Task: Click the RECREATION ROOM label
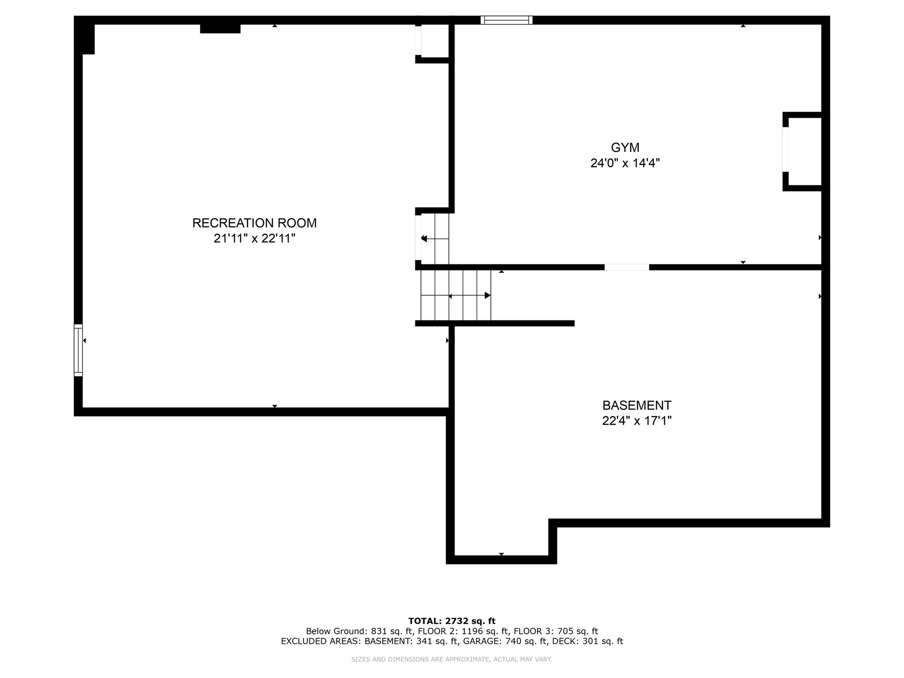pyautogui.click(x=254, y=223)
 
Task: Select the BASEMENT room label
pyautogui.click(x=637, y=405)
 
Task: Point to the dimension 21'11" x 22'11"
pyautogui.click(x=254, y=238)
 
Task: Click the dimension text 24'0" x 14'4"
pyautogui.click(x=625, y=163)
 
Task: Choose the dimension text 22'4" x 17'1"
pyautogui.click(x=637, y=421)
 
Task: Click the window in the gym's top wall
pyautogui.click(x=506, y=20)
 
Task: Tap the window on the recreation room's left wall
pyautogui.click(x=78, y=350)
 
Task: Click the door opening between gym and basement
pyautogui.click(x=627, y=267)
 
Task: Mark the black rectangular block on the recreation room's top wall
pyautogui.click(x=220, y=29)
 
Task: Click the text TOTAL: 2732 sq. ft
pyautogui.click(x=452, y=621)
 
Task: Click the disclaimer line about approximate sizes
pyautogui.click(x=452, y=659)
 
